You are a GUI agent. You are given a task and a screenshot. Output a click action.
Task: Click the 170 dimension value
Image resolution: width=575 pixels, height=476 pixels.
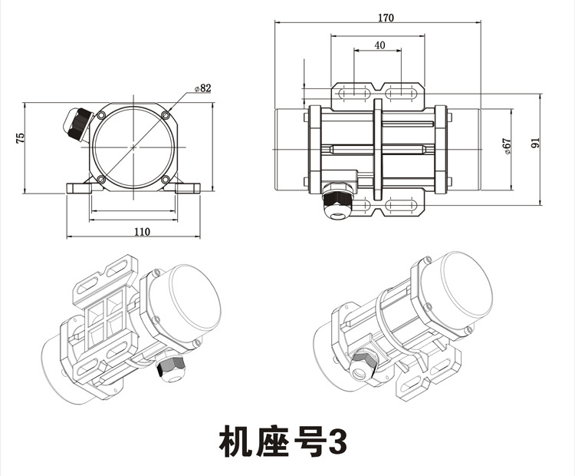385,18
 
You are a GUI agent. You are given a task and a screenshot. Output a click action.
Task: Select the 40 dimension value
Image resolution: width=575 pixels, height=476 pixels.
379,45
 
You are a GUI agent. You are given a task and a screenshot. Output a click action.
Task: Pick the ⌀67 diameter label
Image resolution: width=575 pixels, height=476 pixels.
507,147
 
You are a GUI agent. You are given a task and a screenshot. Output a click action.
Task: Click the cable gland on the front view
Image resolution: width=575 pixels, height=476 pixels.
77,123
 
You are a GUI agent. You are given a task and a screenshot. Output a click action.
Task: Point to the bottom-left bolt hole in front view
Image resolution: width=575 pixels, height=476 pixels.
100,181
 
